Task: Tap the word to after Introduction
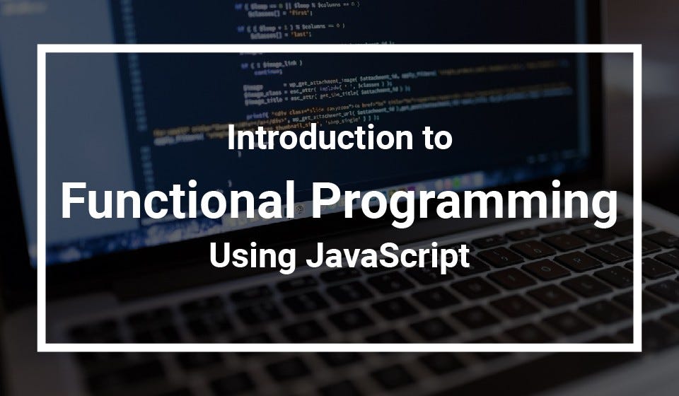[x=434, y=139]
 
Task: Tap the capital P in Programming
[x=328, y=202]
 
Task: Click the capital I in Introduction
[x=231, y=138]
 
